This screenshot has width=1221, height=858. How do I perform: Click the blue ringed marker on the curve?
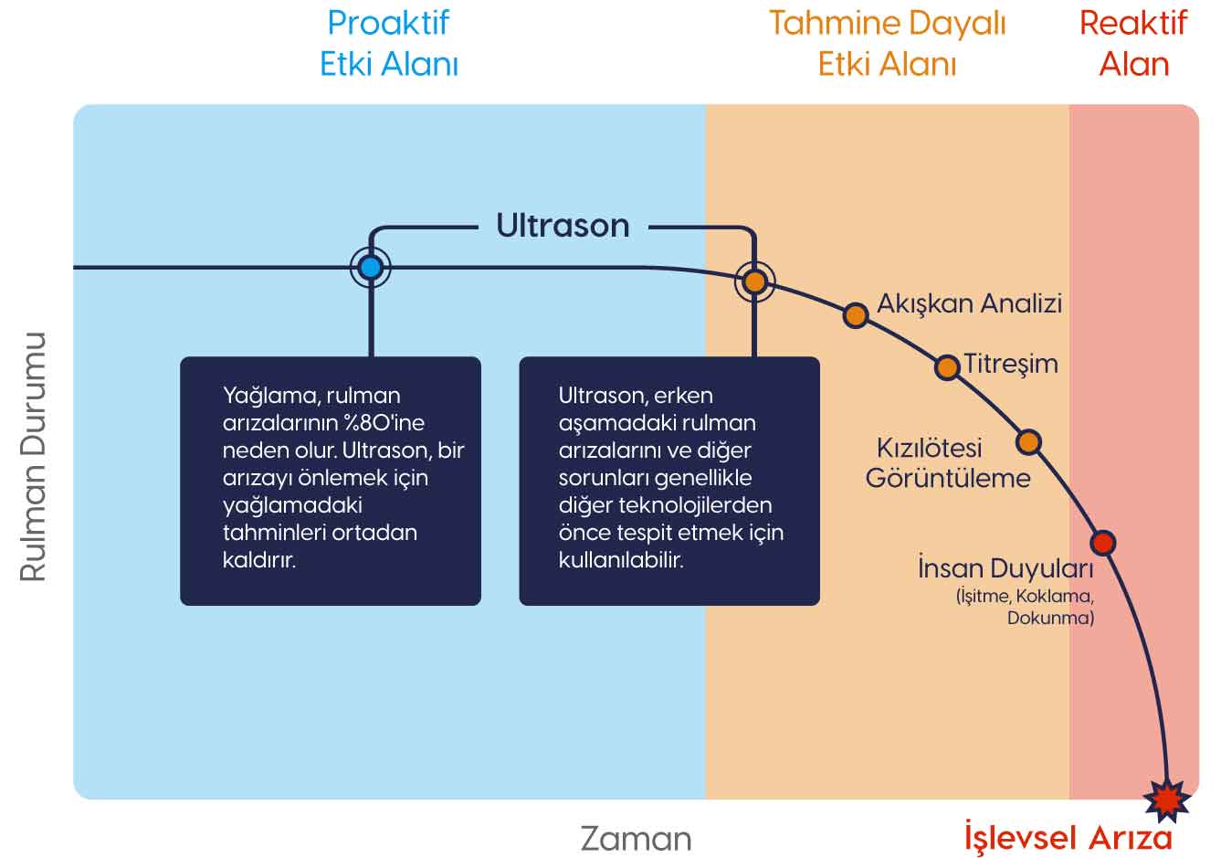(x=370, y=268)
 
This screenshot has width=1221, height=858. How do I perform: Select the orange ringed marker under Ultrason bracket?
(x=754, y=281)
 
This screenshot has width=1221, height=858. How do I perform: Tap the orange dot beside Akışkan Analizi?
(x=855, y=315)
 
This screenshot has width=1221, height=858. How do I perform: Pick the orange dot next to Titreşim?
(x=947, y=367)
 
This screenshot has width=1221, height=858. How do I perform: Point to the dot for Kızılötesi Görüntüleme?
(x=1028, y=442)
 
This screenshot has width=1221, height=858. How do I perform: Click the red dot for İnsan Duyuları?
(x=1103, y=543)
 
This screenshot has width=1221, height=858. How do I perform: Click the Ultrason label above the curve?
(x=563, y=226)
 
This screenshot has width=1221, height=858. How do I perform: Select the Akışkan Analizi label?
(x=969, y=303)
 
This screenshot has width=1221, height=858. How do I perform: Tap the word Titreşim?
(x=1011, y=364)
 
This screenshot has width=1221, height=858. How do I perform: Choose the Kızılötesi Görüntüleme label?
(x=948, y=462)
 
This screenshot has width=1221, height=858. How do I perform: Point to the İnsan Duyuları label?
(x=1005, y=568)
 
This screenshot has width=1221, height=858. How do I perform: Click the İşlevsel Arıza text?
(x=1068, y=837)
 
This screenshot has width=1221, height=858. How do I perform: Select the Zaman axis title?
(x=636, y=839)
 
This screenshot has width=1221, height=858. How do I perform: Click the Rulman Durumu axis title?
(x=33, y=457)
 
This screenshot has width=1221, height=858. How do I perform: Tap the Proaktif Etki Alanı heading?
(x=388, y=43)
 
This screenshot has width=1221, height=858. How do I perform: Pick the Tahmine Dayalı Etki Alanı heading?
(x=887, y=43)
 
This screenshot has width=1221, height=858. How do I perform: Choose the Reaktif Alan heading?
(x=1133, y=43)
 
